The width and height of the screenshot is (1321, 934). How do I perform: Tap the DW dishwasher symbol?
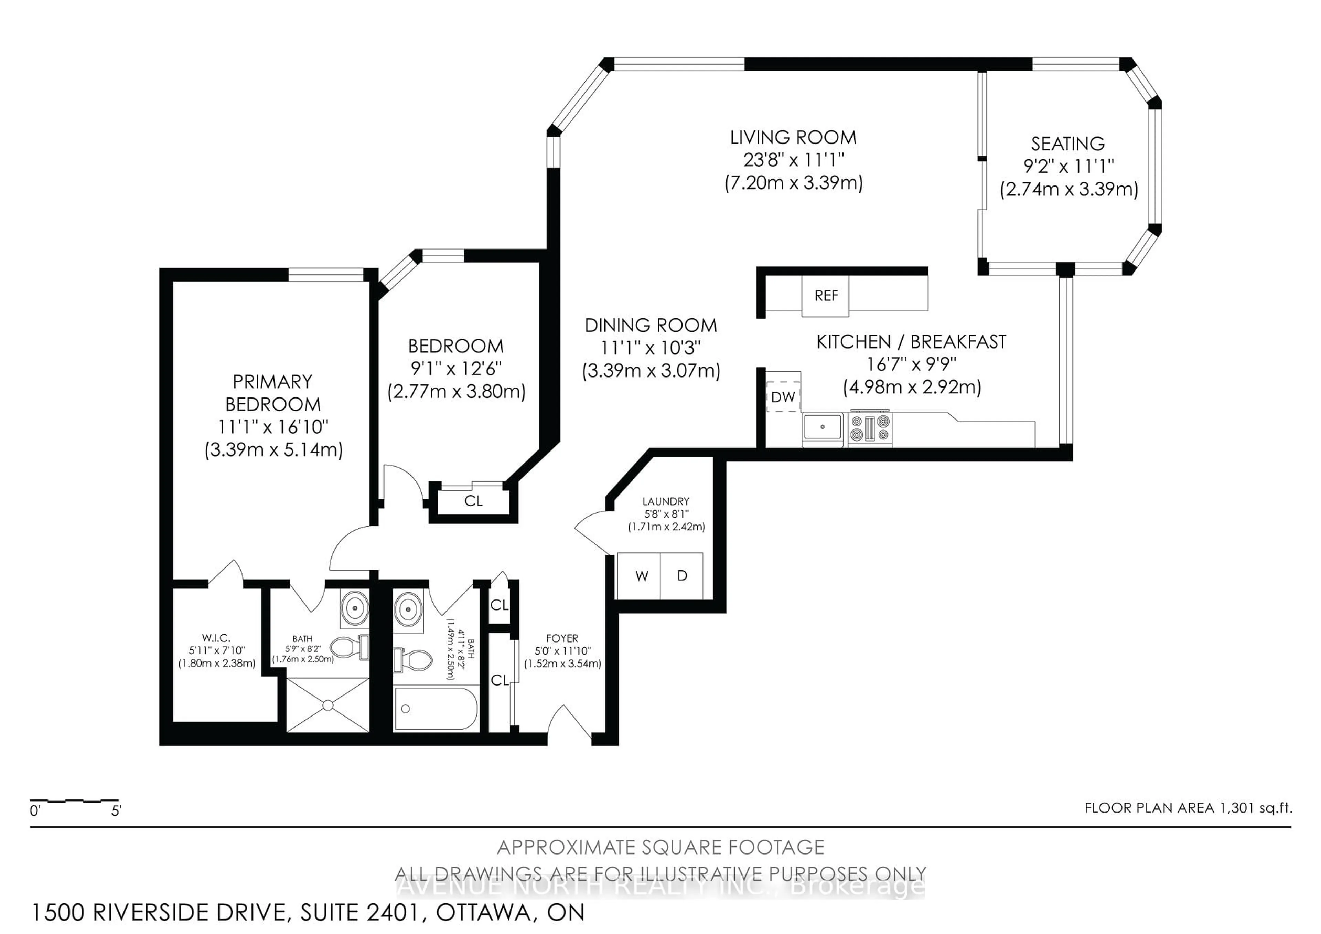[x=783, y=396]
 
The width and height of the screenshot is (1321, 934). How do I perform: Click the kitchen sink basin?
[x=822, y=427]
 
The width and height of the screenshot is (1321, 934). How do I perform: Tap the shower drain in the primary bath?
[x=327, y=705]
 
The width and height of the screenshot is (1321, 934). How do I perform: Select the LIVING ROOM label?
[x=793, y=138]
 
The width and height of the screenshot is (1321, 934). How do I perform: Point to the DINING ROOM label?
[x=651, y=326]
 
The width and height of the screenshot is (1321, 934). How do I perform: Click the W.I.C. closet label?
[x=216, y=638]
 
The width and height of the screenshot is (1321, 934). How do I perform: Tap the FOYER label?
[x=562, y=638]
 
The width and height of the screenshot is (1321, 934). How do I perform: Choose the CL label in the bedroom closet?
[x=473, y=501]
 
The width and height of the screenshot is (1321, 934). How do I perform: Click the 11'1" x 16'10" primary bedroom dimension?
[x=273, y=427]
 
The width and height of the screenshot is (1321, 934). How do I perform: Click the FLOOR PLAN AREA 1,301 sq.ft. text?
[x=1188, y=808]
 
